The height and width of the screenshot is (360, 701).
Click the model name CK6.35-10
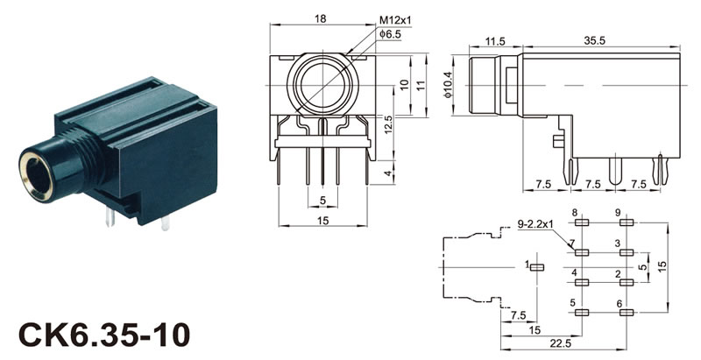(104, 335)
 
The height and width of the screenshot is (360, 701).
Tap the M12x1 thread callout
(395, 20)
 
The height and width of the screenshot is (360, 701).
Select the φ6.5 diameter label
(390, 33)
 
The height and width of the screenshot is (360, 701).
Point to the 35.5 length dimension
(595, 40)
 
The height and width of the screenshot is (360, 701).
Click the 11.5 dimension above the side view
(495, 41)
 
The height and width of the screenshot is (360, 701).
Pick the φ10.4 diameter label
(448, 86)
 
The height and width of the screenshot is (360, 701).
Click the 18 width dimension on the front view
(320, 18)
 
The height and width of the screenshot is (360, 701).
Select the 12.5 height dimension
(388, 124)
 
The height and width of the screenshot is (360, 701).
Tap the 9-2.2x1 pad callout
(535, 223)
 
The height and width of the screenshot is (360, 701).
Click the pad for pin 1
(537, 267)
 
